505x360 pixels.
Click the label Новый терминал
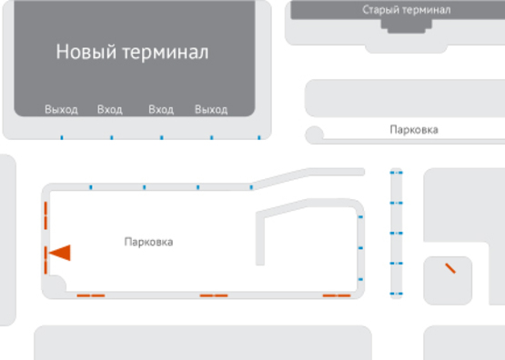coord(132,52)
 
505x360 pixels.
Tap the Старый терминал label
coord(405,10)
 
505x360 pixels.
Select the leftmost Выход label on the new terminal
coord(61,110)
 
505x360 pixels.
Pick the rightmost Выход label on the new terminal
coord(211,110)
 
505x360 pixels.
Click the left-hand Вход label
coord(109,110)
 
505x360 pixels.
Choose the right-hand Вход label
coord(161,110)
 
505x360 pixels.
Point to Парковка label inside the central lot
coord(148,242)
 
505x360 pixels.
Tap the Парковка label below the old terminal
coord(413,130)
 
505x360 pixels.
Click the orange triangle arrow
coord(60,253)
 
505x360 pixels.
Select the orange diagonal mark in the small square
coord(450,268)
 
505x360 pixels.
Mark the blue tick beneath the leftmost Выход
coord(61,138)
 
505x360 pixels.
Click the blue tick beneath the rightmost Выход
coord(211,138)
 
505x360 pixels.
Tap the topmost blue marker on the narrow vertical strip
coord(396,172)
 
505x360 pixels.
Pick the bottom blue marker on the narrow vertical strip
coord(396,294)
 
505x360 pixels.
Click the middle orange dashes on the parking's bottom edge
coord(214,295)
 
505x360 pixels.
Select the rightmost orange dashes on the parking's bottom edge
coord(337,295)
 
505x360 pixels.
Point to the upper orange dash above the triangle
coord(45,218)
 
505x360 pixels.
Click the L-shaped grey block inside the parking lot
coord(264,236)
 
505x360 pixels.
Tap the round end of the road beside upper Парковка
coord(315,135)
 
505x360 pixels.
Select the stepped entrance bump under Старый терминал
coord(405,27)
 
